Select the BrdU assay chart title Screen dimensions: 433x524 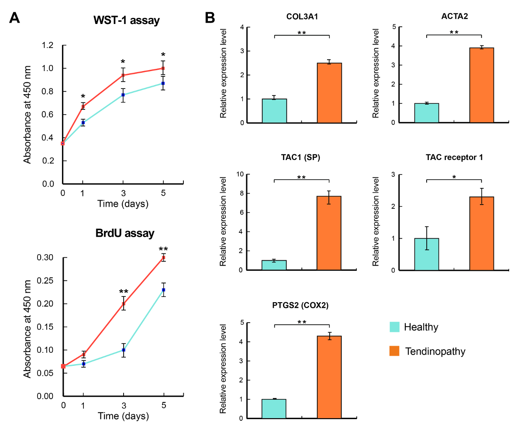125,233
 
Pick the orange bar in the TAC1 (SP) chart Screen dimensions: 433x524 329,233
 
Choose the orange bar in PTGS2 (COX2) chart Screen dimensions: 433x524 329,377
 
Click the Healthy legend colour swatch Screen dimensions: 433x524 394,327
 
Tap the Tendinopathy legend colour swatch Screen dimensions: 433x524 394,351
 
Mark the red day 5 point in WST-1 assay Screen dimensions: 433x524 163,68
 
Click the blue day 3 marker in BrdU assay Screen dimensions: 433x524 124,350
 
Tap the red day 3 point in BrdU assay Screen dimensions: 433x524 124,304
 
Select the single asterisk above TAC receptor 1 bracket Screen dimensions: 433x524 454,177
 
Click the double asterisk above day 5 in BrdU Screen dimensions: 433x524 163,249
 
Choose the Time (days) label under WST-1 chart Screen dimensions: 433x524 123,203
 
